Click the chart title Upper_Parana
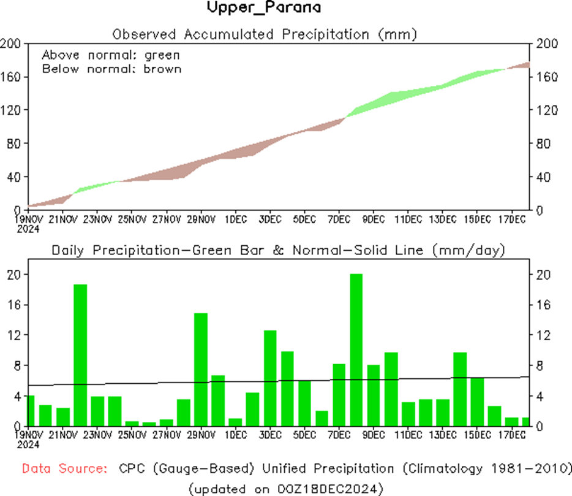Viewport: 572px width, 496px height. coord(263,8)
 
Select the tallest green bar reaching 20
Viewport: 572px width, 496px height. coord(356,349)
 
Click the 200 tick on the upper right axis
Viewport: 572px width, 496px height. coord(547,44)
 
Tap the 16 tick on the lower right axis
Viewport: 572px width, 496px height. coord(543,305)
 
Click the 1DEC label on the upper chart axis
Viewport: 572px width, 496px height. coord(236,219)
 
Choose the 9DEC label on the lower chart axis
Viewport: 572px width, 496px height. coord(373,435)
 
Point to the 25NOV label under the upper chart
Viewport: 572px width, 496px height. coord(132,219)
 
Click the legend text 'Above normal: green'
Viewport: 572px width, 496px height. coord(111,55)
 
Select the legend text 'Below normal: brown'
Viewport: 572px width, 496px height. coord(112,69)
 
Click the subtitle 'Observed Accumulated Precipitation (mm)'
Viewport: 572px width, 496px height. coord(265,34)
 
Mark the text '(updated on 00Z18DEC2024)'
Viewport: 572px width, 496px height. coord(286,489)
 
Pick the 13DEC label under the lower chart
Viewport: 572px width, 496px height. coord(442,435)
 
